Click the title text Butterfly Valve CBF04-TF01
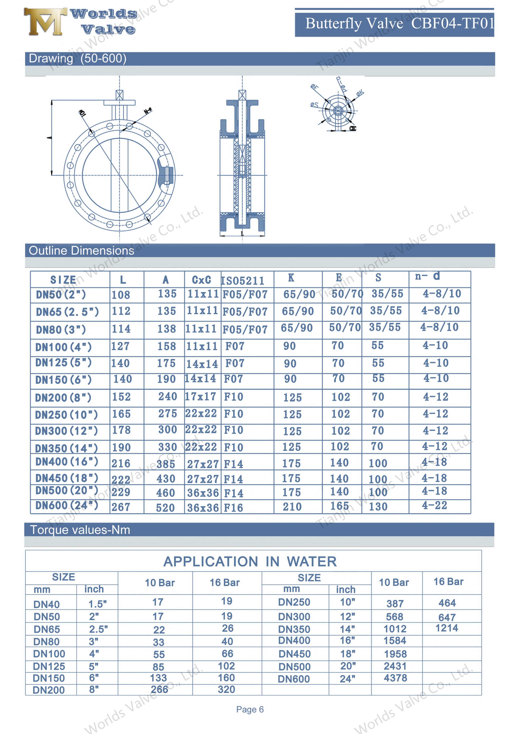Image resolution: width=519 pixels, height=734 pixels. coord(400,23)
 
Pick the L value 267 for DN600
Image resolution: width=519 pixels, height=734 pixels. coord(121,507)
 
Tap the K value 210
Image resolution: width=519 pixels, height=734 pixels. coord(292,507)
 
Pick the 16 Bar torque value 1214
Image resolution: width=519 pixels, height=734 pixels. coord(447,628)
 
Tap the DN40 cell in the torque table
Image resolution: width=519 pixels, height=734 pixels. coord(47,604)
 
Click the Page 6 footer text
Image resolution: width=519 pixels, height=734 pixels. coord(250,709)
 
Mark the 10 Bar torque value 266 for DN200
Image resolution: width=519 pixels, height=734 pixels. coord(159,689)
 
